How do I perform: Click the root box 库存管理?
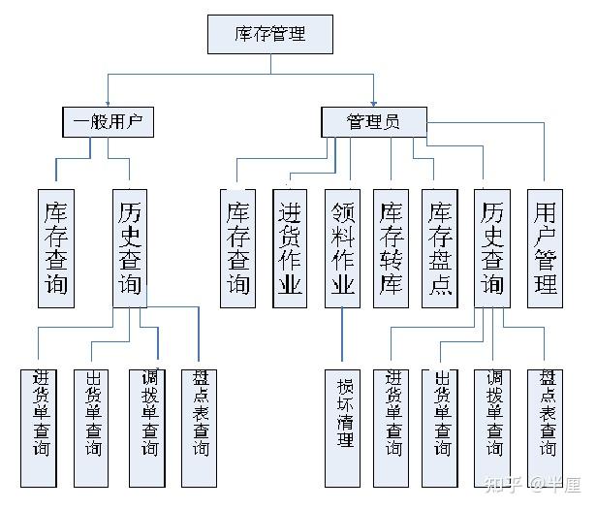(270, 34)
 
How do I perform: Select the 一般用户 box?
(109, 122)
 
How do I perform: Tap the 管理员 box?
(373, 122)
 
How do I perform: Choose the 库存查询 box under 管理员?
(238, 247)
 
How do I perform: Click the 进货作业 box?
(290, 247)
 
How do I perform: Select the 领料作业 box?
(342, 247)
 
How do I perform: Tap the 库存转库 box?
(392, 247)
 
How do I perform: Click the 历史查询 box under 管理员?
(492, 247)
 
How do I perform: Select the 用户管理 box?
(546, 247)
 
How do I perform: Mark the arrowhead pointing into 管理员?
(373, 102)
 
